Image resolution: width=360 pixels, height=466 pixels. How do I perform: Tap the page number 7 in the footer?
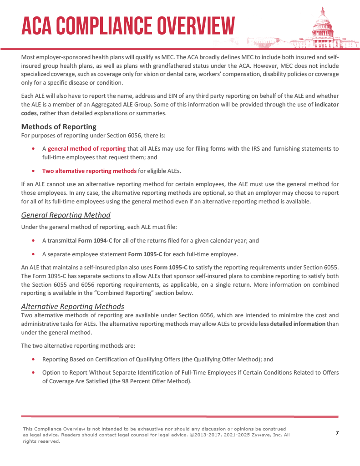[337, 433]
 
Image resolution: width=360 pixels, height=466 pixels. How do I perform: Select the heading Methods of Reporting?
[59, 127]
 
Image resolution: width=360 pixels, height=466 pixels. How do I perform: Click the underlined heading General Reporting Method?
[66, 215]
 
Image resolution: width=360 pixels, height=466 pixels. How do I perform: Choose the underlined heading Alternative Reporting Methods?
[73, 306]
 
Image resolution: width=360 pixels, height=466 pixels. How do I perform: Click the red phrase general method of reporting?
[86, 148]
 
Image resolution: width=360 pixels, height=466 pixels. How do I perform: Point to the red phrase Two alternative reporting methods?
[89, 171]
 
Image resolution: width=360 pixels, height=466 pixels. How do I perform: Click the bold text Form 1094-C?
[95, 240]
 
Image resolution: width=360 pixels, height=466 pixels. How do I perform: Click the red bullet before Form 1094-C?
[34, 240]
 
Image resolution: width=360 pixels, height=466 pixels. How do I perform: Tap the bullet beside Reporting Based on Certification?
[34, 359]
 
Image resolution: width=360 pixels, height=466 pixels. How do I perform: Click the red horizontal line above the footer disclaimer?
[180, 416]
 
